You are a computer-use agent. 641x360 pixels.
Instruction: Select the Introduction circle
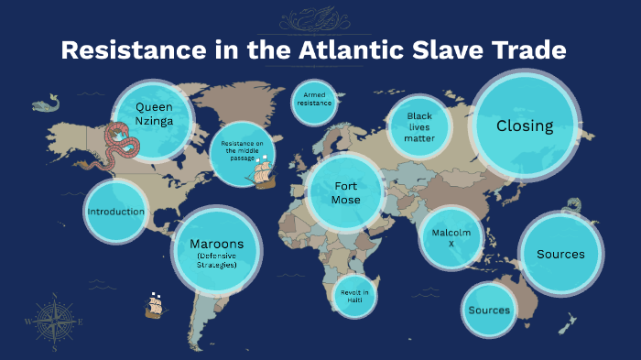click(116, 212)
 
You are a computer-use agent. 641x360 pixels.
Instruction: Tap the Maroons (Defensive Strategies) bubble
click(217, 249)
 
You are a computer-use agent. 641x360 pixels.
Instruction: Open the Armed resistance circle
click(314, 101)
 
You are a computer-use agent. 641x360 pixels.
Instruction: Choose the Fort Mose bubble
click(346, 192)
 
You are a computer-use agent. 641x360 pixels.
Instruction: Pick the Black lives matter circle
click(419, 127)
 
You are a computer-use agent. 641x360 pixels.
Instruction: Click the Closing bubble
click(525, 126)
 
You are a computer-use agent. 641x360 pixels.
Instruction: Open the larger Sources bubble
click(560, 254)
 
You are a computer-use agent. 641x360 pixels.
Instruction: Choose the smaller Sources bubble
click(489, 310)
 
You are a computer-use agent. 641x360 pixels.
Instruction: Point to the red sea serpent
click(122, 142)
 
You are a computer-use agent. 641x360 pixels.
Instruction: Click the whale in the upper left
click(47, 105)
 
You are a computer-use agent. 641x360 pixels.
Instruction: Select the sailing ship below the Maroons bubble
click(154, 305)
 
